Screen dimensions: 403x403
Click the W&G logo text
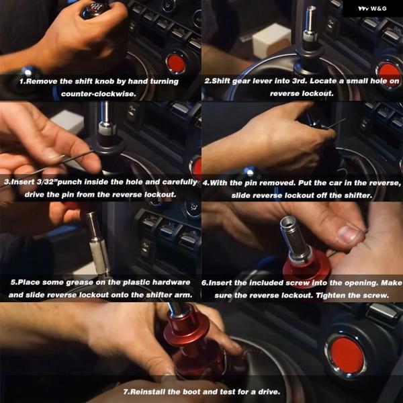372,9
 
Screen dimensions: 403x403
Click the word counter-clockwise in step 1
99,94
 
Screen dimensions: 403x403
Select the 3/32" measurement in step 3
47,182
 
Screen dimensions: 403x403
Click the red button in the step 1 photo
175,62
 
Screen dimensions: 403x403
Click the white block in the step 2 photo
271,39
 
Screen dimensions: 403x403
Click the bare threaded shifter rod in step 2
311,21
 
